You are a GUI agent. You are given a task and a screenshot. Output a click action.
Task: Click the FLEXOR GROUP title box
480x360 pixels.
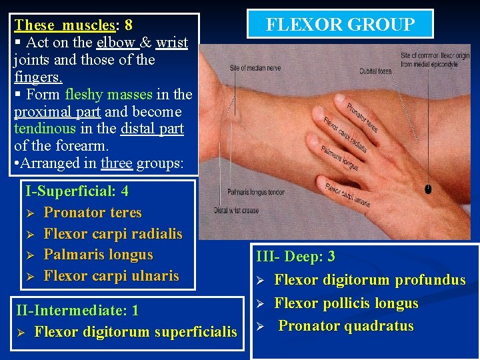[340, 25]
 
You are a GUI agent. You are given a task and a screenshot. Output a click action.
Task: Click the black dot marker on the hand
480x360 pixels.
[427, 189]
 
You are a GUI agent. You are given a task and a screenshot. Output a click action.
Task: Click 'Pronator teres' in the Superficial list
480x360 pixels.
[92, 213]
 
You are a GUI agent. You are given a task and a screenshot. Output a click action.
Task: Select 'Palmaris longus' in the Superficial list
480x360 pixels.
[98, 255]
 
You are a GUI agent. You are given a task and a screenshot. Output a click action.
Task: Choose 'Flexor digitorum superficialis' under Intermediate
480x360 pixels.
[135, 331]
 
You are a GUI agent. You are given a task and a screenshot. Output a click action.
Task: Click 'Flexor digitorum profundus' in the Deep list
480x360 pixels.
[369, 280]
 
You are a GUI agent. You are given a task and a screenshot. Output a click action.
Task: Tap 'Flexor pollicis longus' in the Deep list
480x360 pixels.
[346, 303]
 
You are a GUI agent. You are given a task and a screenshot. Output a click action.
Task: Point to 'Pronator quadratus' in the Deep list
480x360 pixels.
[345, 326]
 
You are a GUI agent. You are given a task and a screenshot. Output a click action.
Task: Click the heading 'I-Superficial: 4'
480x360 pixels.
[77, 191]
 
